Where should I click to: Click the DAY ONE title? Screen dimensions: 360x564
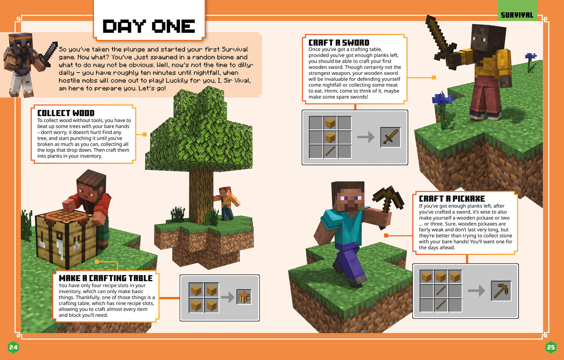point(149,26)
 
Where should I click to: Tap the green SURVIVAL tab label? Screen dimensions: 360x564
point(517,15)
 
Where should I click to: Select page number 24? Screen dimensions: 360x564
point(13,347)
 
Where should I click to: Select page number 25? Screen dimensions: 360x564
point(551,347)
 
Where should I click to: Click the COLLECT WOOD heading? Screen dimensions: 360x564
point(66,113)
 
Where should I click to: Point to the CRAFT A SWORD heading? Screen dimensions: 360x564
point(339,42)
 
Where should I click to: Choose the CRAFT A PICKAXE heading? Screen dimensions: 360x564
point(452,198)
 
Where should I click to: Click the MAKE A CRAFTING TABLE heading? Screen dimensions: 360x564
point(106,278)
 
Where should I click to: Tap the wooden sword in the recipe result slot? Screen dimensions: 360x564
point(390,137)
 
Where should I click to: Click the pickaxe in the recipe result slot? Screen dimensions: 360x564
point(501,290)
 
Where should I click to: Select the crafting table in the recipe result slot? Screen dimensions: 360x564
point(244,297)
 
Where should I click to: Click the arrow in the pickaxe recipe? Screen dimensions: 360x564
point(476,290)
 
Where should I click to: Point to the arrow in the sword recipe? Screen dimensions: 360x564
point(365,137)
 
